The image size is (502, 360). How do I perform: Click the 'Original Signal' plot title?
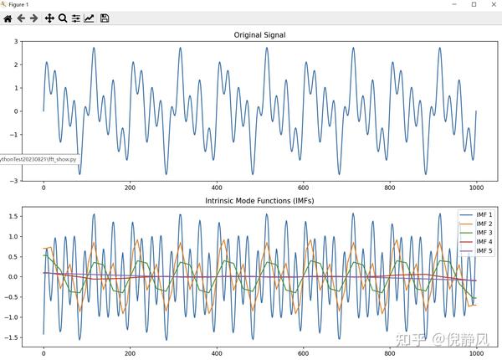point(259,34)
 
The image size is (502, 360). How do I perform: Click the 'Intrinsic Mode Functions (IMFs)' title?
point(259,201)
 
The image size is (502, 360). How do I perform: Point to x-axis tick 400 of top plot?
point(217,188)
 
